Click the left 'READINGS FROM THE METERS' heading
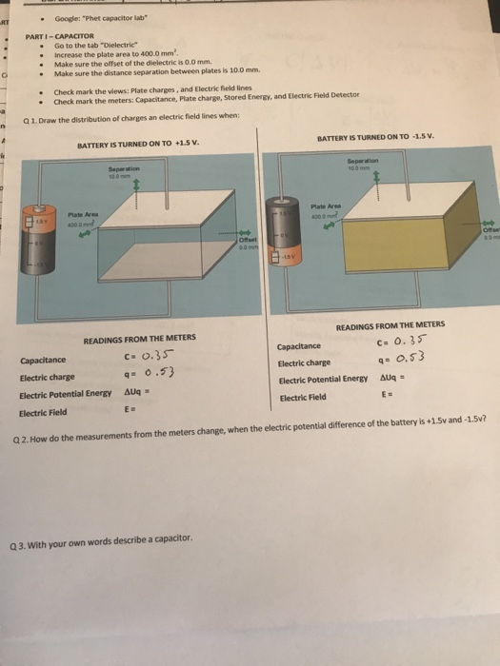(139, 338)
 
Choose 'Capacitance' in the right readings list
(303, 347)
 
